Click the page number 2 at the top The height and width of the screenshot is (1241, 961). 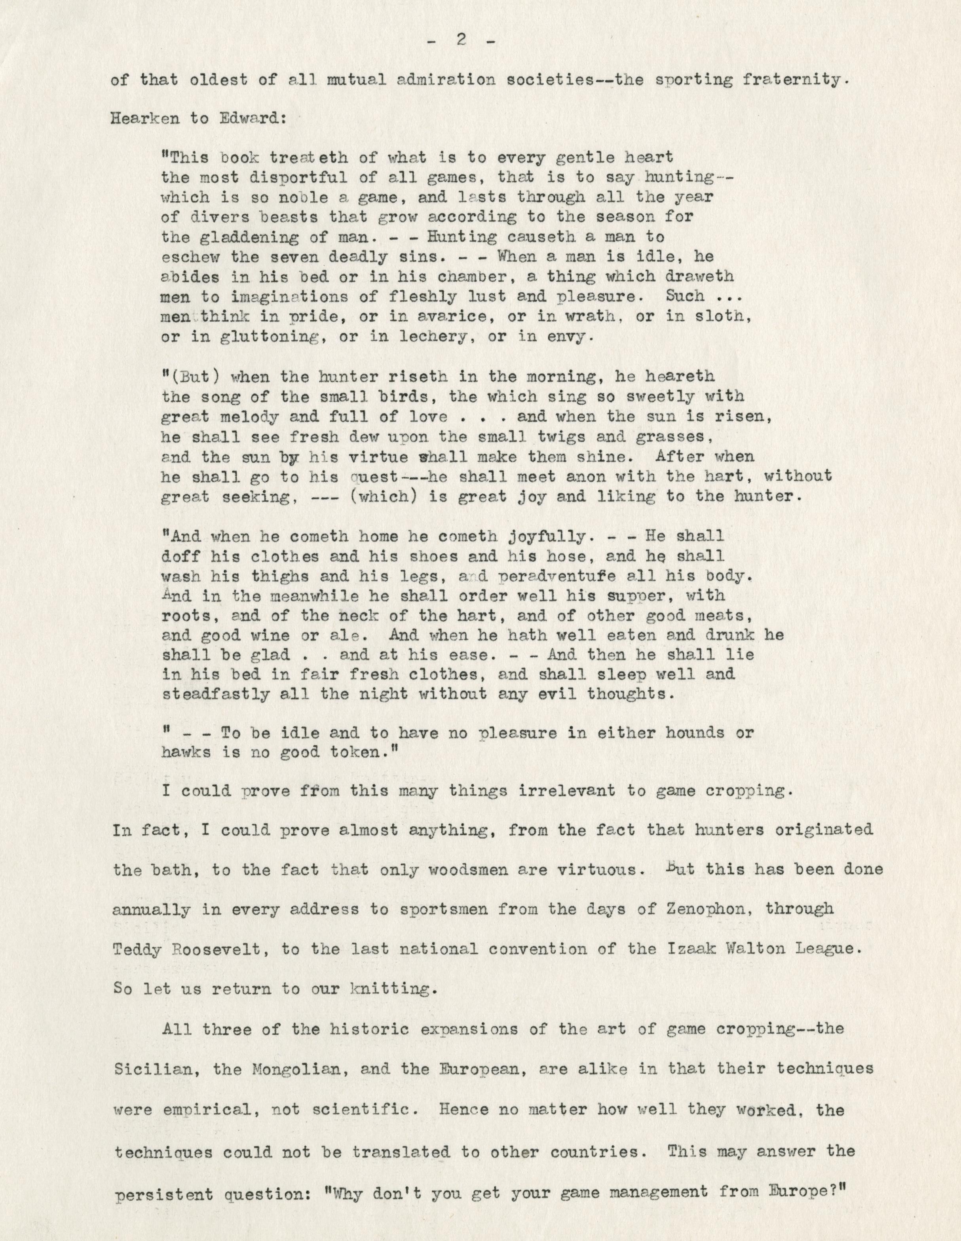461,41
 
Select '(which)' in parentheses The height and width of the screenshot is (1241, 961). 378,496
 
